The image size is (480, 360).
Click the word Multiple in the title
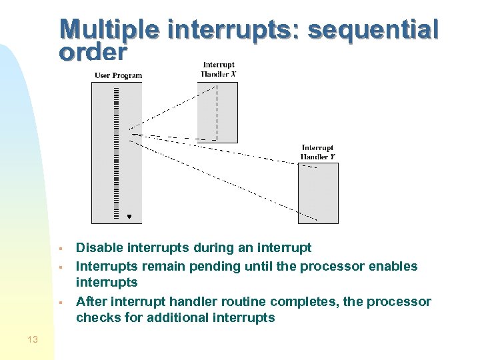109,30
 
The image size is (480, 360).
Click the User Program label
118,75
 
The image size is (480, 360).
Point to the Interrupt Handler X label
218,69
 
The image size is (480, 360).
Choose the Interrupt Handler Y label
317,152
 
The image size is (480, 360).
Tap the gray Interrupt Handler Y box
318,193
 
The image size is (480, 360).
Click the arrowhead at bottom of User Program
129,216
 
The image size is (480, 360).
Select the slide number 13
33,340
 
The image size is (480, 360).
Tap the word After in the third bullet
91,301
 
